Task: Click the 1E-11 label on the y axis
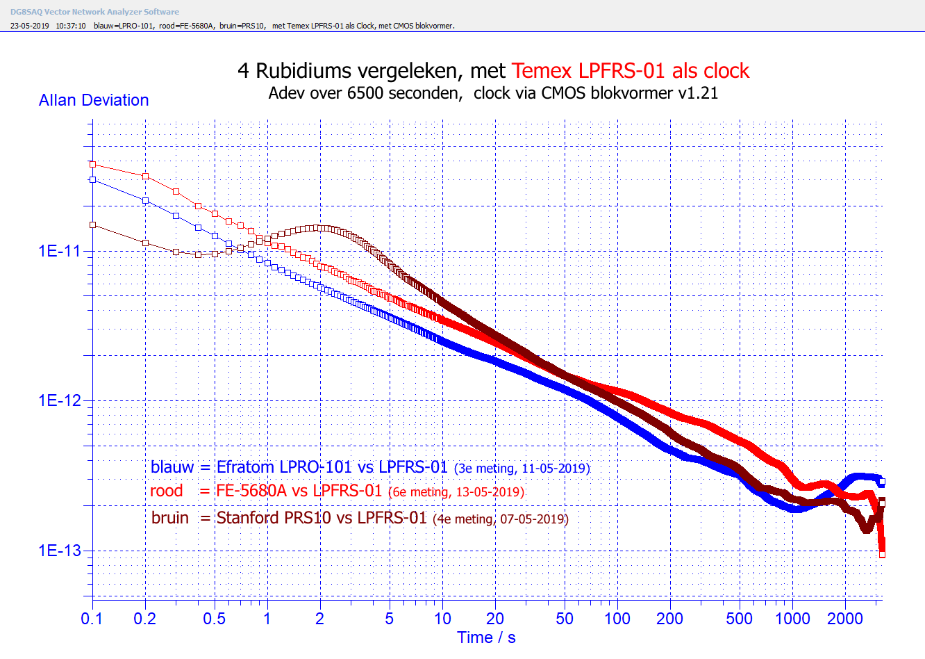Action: pyautogui.click(x=60, y=251)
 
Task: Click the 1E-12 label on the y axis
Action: pyautogui.click(x=60, y=400)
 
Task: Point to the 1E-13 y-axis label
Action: pyautogui.click(x=60, y=551)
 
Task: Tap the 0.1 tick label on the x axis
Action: pyautogui.click(x=92, y=619)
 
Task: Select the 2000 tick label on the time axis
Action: pyautogui.click(x=844, y=619)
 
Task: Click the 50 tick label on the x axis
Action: pyautogui.click(x=565, y=619)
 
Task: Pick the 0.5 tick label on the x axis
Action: pyautogui.click(x=214, y=619)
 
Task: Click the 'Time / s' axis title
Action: pyautogui.click(x=486, y=637)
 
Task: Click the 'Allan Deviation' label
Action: pyautogui.click(x=94, y=100)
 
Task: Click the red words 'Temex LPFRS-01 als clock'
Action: pyautogui.click(x=631, y=71)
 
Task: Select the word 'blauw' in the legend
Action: pyautogui.click(x=172, y=467)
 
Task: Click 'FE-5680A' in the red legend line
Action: pyautogui.click(x=251, y=491)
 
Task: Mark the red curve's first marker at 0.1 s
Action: pyautogui.click(x=92, y=164)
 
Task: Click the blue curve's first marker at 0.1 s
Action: pyautogui.click(x=92, y=179)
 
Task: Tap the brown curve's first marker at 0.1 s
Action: pyautogui.click(x=92, y=225)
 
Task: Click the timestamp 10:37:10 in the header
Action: pyautogui.click(x=71, y=26)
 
